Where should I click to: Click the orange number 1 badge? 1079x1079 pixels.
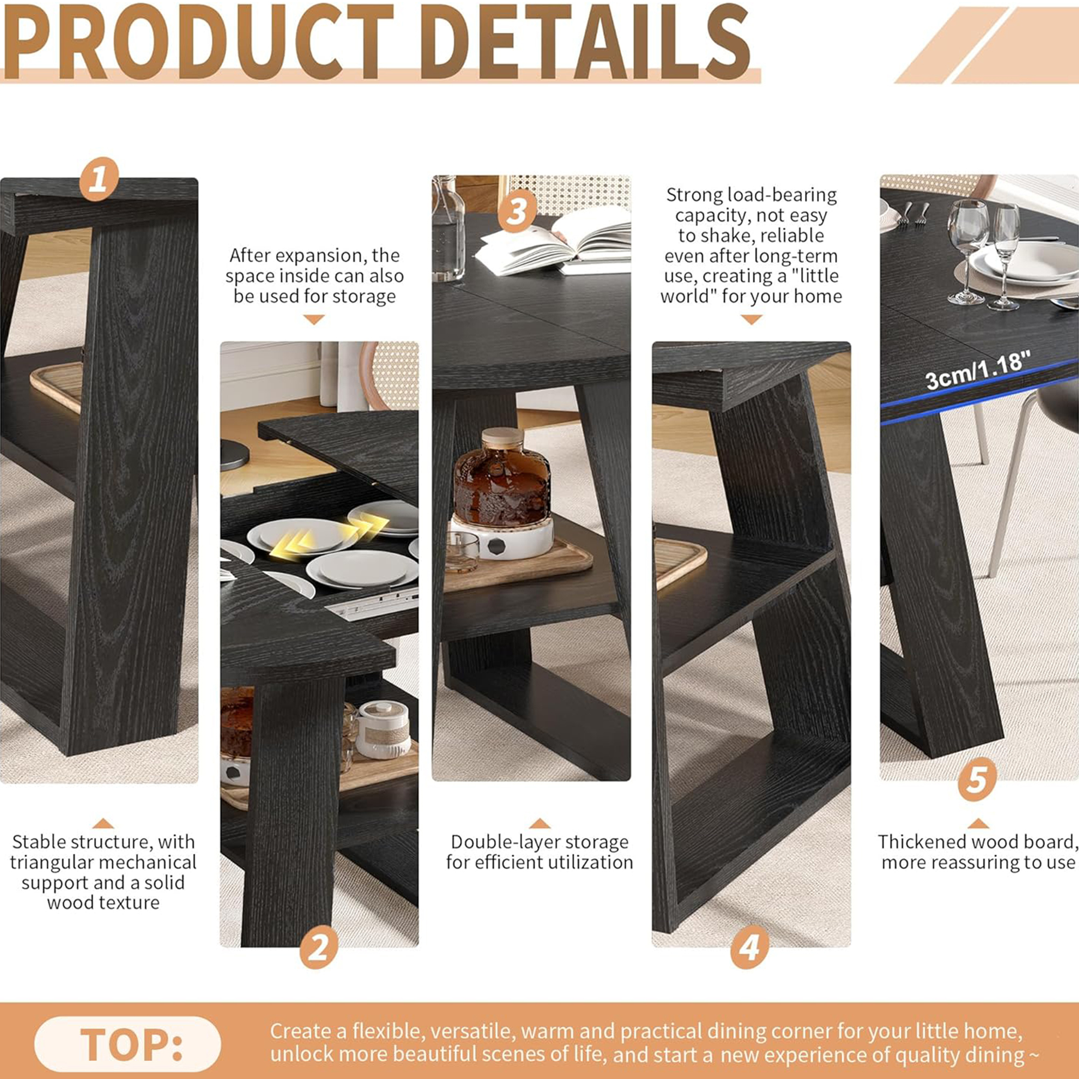(99, 179)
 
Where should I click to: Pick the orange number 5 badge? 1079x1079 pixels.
(978, 779)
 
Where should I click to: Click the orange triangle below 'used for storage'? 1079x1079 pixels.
(314, 319)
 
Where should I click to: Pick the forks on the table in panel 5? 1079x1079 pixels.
(914, 213)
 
